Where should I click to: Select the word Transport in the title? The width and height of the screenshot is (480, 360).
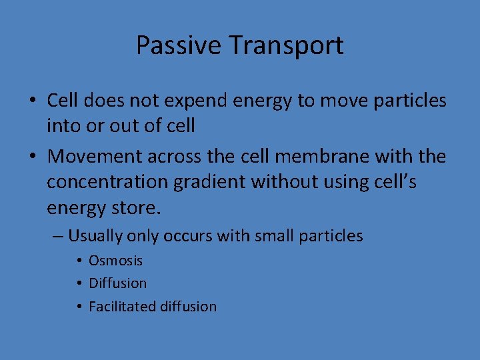click(x=287, y=45)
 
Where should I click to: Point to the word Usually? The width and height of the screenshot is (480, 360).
click(x=94, y=236)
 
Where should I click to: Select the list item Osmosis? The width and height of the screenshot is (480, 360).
click(x=115, y=261)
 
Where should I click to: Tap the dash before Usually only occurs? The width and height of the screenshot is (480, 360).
click(x=59, y=236)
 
